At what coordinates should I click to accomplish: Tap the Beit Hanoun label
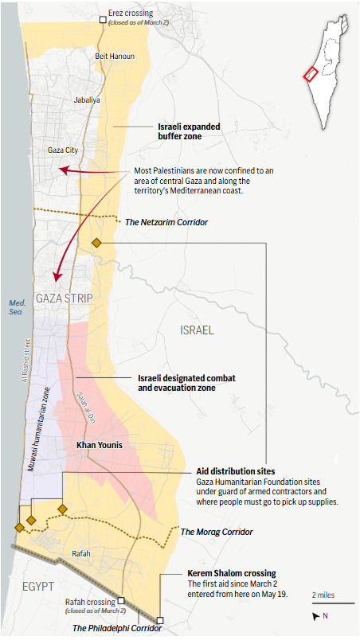[115, 57]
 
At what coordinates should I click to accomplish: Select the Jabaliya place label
[87, 100]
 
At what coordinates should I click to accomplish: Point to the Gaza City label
[63, 150]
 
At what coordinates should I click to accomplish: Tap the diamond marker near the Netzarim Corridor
[96, 243]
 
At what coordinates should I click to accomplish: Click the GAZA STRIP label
[64, 299]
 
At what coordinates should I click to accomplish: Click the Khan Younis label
[100, 445]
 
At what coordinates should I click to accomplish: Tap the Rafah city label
[81, 554]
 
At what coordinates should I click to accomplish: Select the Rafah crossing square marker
[121, 602]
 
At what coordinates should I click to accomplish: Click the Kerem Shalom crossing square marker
[160, 620]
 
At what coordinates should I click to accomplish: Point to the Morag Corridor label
[217, 531]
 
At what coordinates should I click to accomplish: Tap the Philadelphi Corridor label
[116, 628]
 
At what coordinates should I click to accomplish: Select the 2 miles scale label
[324, 595]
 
